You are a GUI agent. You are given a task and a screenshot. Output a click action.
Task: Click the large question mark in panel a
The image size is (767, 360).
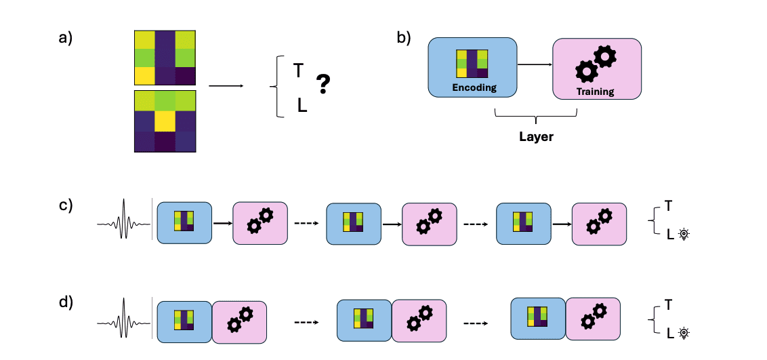pyautogui.click(x=324, y=84)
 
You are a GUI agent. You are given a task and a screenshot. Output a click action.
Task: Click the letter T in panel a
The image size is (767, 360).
pyautogui.click(x=298, y=70)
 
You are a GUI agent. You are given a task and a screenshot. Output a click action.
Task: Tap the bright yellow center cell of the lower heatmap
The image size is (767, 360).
pyautogui.click(x=165, y=121)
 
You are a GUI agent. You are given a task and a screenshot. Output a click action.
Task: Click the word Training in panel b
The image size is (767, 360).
pyautogui.click(x=596, y=92)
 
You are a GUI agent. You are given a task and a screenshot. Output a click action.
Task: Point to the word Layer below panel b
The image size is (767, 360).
pyautogui.click(x=536, y=136)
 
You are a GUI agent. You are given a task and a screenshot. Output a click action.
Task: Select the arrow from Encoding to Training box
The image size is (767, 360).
pyautogui.click(x=535, y=65)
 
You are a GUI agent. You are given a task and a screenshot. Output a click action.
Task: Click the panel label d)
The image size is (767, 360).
pyautogui.click(x=66, y=302)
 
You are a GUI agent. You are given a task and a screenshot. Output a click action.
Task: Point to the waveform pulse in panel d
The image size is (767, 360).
pyautogui.click(x=124, y=319)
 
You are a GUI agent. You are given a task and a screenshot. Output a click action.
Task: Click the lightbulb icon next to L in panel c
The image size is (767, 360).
pyautogui.click(x=684, y=234)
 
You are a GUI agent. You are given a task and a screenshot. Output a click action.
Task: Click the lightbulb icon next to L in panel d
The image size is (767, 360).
pyautogui.click(x=684, y=333)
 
